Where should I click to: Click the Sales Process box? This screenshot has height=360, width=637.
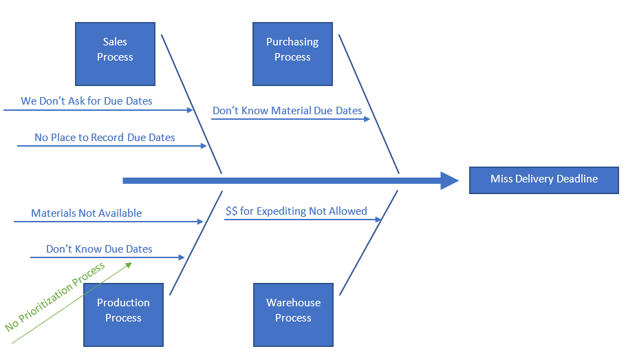click(x=115, y=54)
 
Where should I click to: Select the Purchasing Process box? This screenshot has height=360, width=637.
click(x=292, y=54)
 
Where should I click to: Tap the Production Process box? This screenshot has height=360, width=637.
click(x=123, y=314)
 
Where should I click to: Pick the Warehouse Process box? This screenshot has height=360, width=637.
click(x=293, y=314)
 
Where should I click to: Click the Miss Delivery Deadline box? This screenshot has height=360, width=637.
click(x=543, y=180)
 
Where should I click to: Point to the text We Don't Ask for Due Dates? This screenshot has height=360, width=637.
click(x=87, y=101)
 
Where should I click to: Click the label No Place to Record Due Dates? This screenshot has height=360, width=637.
click(x=105, y=138)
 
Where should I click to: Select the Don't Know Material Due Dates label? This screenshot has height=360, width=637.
click(x=287, y=111)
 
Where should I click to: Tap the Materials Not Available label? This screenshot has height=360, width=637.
click(x=86, y=213)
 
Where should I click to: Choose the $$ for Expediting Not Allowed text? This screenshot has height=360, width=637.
click(x=296, y=211)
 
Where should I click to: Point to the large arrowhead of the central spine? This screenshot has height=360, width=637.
click(x=451, y=181)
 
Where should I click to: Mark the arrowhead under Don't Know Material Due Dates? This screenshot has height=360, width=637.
click(x=368, y=119)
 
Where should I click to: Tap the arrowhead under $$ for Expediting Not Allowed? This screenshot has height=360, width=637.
click(x=378, y=220)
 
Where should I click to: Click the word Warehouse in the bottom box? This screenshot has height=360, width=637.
click(x=293, y=303)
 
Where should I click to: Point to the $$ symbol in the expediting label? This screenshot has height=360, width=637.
click(x=231, y=211)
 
